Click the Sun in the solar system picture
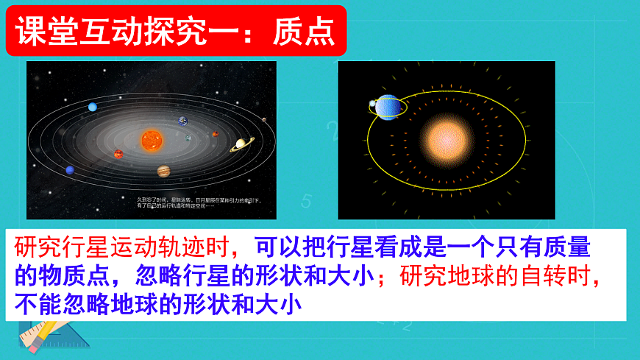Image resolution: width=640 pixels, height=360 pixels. click(x=152, y=139)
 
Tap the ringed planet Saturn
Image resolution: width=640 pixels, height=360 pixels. click(x=240, y=145)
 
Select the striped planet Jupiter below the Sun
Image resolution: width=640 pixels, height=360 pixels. click(x=163, y=172)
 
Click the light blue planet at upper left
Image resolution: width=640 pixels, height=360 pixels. click(x=93, y=107)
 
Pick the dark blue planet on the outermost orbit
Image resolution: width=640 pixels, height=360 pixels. click(x=70, y=170)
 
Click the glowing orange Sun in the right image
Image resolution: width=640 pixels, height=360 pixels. click(x=445, y=140)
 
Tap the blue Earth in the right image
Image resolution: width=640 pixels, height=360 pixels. click(x=389, y=107)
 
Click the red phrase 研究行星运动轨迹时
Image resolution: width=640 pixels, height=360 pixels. click(x=121, y=246)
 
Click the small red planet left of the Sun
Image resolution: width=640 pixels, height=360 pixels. click(x=118, y=154)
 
